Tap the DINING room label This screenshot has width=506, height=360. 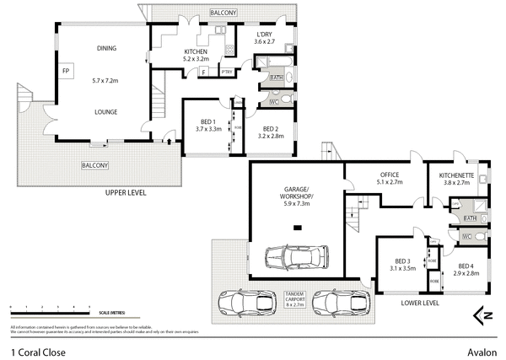coord(106,48)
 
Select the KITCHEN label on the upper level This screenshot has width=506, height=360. coord(196,52)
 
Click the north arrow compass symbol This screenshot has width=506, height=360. coord(483,314)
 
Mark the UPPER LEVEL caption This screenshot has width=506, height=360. coord(126,193)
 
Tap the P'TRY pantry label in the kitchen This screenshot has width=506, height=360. coord(226,73)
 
